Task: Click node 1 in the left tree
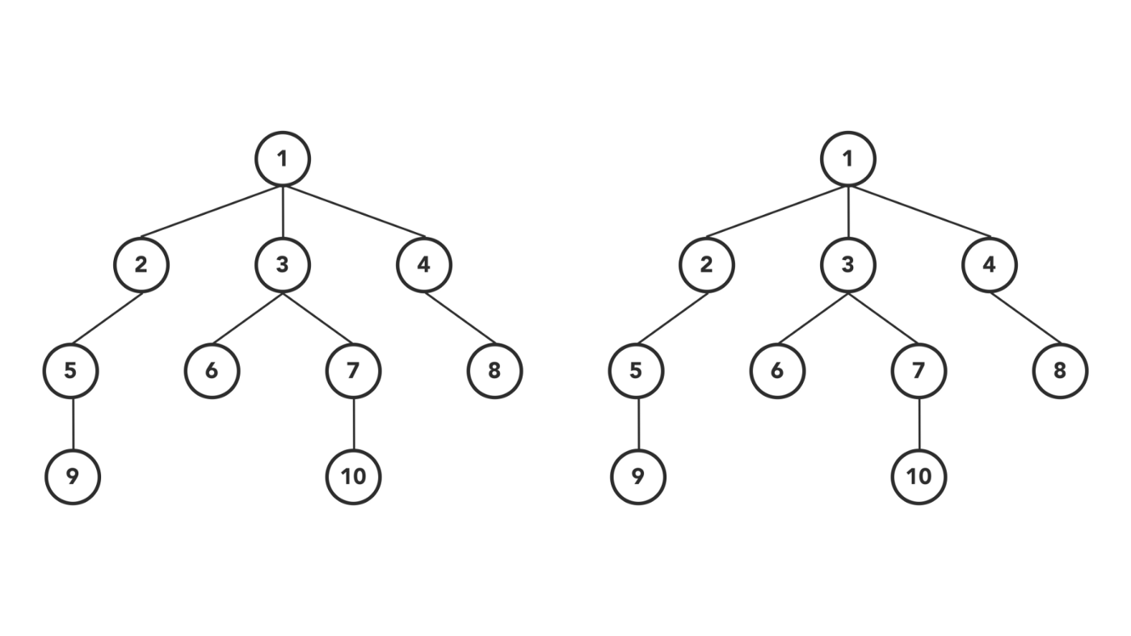282,158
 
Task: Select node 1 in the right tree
847,158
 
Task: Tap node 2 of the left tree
141,264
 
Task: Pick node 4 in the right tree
989,264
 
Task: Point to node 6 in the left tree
212,370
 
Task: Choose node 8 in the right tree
1060,370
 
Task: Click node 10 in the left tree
353,476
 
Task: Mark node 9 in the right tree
637,476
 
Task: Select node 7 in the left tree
353,370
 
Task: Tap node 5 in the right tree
637,370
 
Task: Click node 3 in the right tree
847,264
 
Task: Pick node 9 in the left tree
72,476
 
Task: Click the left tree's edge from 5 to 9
73,423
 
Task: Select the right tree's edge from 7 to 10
919,423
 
